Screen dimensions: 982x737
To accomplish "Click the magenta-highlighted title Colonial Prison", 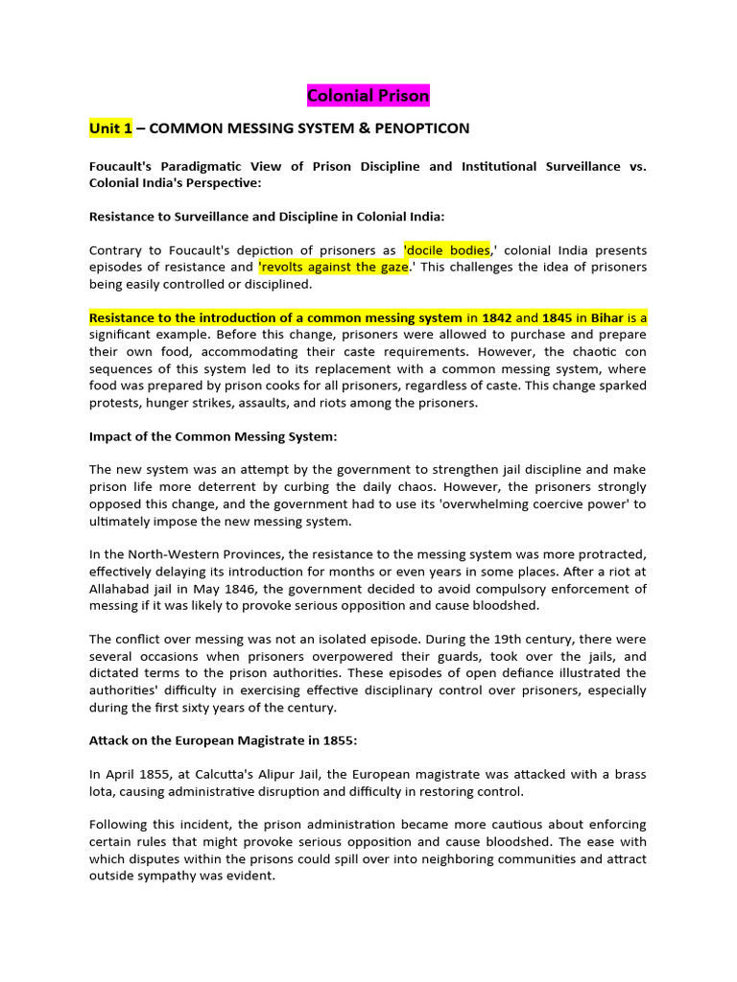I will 368,95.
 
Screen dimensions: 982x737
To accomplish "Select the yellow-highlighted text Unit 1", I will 110,128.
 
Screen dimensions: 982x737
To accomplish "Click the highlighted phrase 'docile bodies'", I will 446,249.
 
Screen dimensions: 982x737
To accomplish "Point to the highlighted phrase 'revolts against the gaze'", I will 333,267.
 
